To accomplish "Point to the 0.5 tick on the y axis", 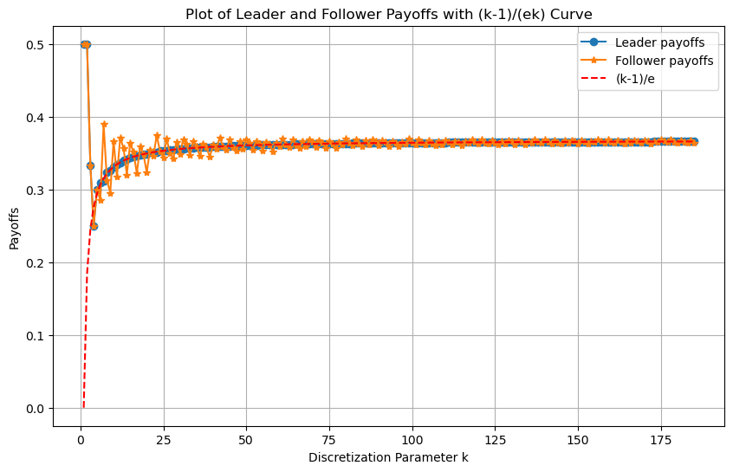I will click(36, 44).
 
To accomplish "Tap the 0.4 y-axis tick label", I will click(36, 117).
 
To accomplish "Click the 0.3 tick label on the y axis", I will click(36, 190).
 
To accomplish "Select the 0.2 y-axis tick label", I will click(36, 262).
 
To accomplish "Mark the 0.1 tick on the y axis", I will click(36, 335).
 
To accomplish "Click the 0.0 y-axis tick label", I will click(36, 408).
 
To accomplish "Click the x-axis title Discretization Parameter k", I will click(387, 456).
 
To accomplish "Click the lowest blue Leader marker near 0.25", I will click(94, 226).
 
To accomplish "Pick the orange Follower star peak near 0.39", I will click(104, 125).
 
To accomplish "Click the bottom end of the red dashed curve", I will click(83, 407).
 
